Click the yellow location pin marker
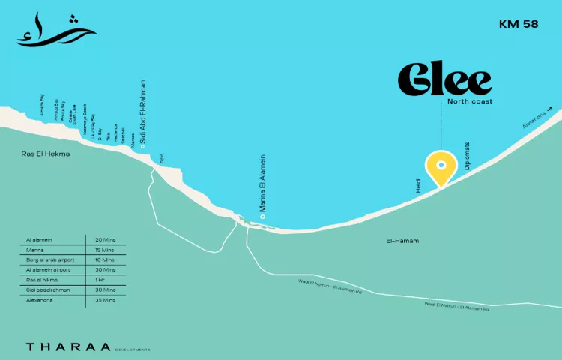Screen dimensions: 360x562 click(441, 169)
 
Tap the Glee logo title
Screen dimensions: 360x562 click(444, 79)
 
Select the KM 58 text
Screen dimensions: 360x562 click(519, 24)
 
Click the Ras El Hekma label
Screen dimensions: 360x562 click(46, 154)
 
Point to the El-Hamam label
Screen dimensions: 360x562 click(402, 241)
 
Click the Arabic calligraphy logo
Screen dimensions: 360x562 click(56, 30)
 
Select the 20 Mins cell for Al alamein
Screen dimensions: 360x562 click(106, 239)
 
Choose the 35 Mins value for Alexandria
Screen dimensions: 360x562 click(106, 300)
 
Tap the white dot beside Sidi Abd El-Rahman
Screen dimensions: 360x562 click(143, 145)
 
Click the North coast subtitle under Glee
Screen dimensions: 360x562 click(470, 101)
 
